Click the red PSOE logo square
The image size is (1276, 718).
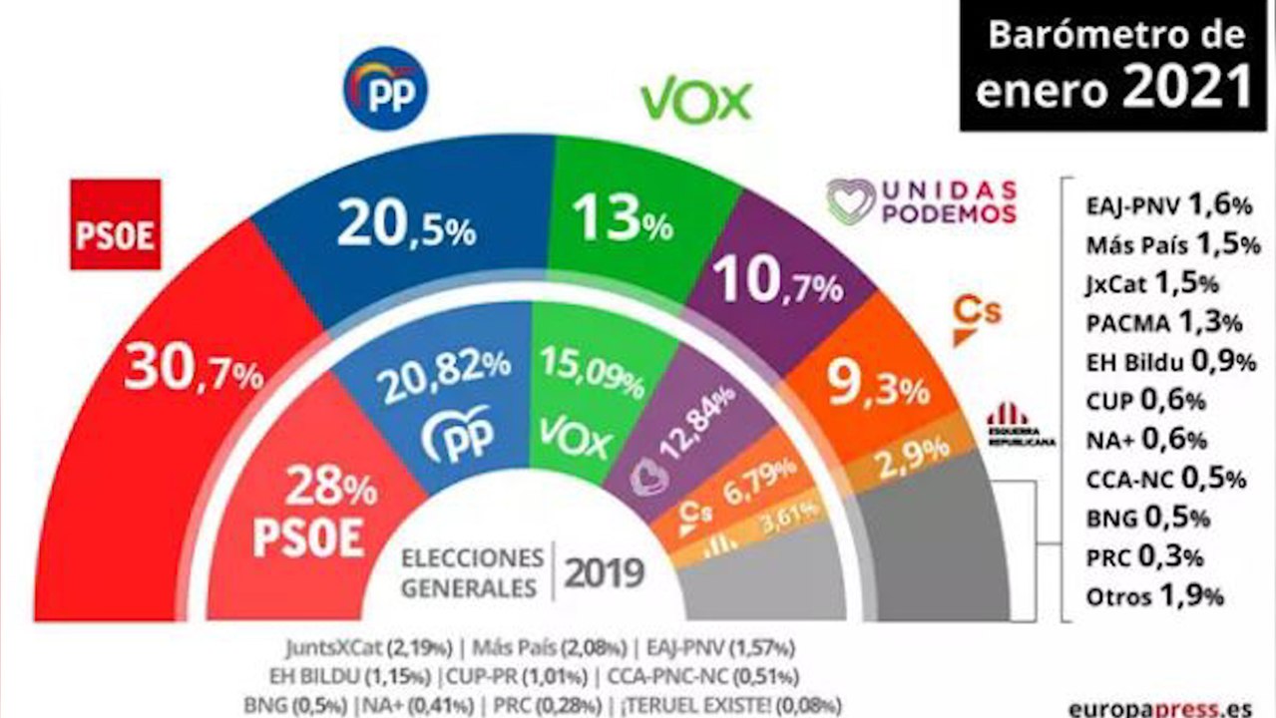click(x=115, y=224)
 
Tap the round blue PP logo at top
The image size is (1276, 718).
click(x=385, y=88)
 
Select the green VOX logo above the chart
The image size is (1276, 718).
click(x=695, y=100)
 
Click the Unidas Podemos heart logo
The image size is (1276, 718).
click(x=850, y=201)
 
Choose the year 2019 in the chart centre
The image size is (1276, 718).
click(x=605, y=572)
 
